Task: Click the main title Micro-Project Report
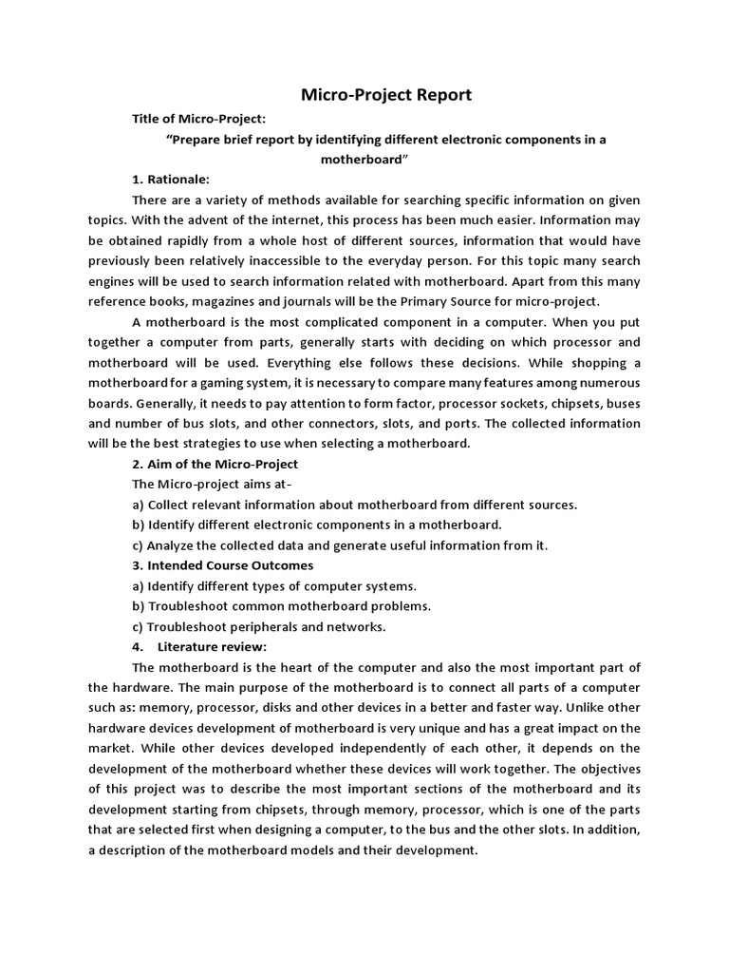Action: point(386,95)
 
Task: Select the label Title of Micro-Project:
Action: point(199,118)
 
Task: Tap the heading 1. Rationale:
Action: point(172,179)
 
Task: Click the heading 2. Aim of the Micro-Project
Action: point(215,464)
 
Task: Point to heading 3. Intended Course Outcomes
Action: point(223,565)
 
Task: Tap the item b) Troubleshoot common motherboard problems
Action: point(282,606)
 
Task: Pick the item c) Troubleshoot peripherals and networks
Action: point(259,626)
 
